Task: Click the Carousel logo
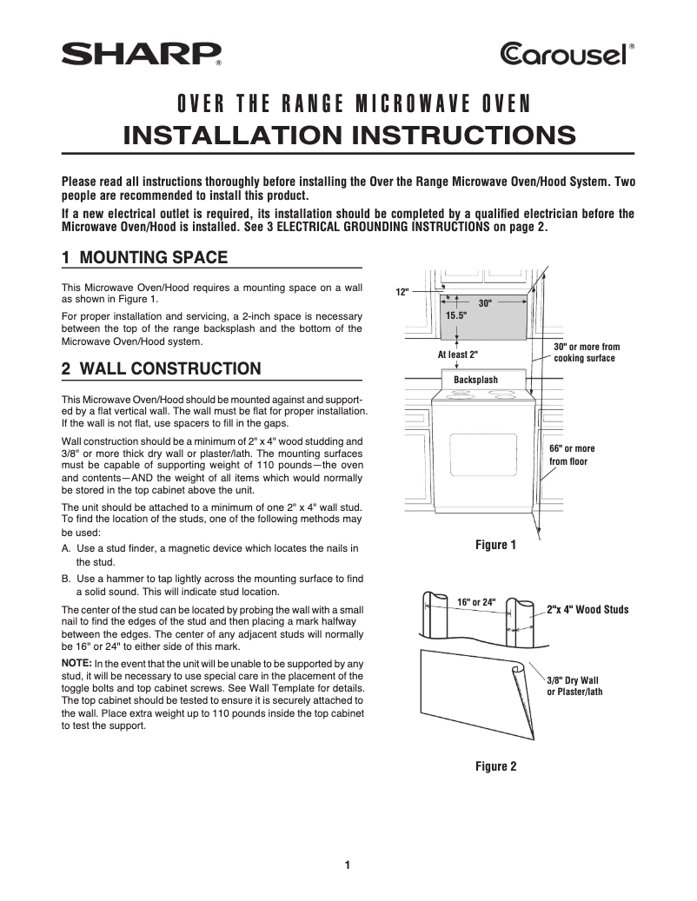coord(567,55)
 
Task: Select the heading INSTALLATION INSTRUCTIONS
coord(348,136)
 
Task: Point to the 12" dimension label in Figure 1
coord(402,294)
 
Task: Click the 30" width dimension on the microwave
coord(485,304)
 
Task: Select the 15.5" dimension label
coord(456,317)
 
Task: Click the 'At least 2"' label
coord(457,354)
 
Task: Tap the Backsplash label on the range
coord(475,380)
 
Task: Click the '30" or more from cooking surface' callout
coord(586,353)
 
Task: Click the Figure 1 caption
coord(495,545)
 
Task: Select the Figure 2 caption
coord(495,766)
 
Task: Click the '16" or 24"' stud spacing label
coord(475,602)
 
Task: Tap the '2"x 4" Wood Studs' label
coord(587,610)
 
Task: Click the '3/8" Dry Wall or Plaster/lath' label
coord(574,686)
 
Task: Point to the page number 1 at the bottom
coord(348,865)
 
